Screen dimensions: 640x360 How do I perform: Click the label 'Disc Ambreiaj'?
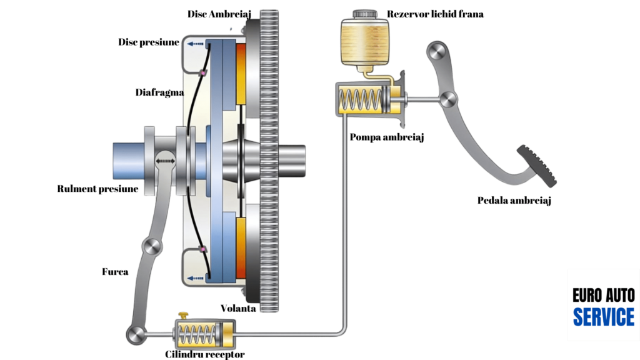(x=219, y=14)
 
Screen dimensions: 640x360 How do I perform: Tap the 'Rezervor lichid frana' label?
(x=435, y=14)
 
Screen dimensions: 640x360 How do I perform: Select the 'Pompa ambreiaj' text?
(x=387, y=137)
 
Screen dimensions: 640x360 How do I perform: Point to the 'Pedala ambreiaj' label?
(x=514, y=201)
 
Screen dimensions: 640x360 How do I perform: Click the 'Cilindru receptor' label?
(x=205, y=354)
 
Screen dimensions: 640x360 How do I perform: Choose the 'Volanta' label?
(x=238, y=308)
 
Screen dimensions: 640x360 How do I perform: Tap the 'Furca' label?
(x=115, y=272)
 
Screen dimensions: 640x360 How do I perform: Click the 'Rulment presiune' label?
(x=97, y=189)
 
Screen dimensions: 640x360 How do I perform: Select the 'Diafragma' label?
(x=159, y=92)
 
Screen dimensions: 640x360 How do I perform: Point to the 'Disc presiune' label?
(x=149, y=42)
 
